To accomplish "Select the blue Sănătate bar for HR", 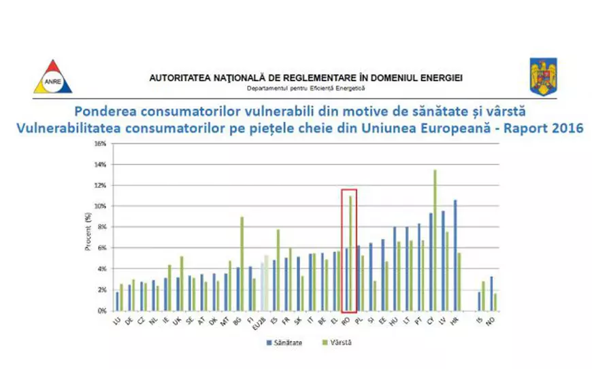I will pyautogui.click(x=455, y=255).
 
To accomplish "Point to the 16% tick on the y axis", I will pyautogui.click(x=99, y=143).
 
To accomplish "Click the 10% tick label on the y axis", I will pyautogui.click(x=99, y=206).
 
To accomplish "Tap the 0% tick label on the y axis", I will pyautogui.click(x=101, y=311).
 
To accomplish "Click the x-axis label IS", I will pyautogui.click(x=481, y=319).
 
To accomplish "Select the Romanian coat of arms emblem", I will pyautogui.click(x=543, y=76).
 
